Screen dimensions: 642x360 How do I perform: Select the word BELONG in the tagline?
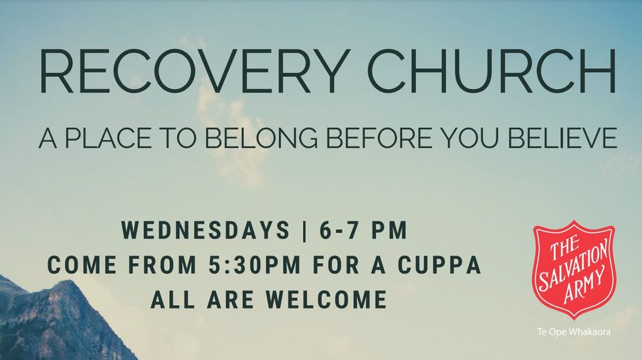pyautogui.click(x=261, y=138)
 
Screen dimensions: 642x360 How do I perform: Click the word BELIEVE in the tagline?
pyautogui.click(x=562, y=138)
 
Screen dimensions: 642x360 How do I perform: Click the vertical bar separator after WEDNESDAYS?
pyautogui.click(x=304, y=231)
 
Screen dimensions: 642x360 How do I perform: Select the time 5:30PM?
pyautogui.click(x=254, y=264)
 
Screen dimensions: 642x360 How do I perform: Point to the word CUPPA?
pyautogui.click(x=439, y=264)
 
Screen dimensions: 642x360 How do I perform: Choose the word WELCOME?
pyautogui.click(x=326, y=299)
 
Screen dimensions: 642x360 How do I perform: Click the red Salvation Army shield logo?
pyautogui.click(x=574, y=270)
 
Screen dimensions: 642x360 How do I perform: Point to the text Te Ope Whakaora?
pyautogui.click(x=574, y=332)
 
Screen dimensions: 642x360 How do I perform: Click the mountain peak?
pyautogui.click(x=66, y=282)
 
